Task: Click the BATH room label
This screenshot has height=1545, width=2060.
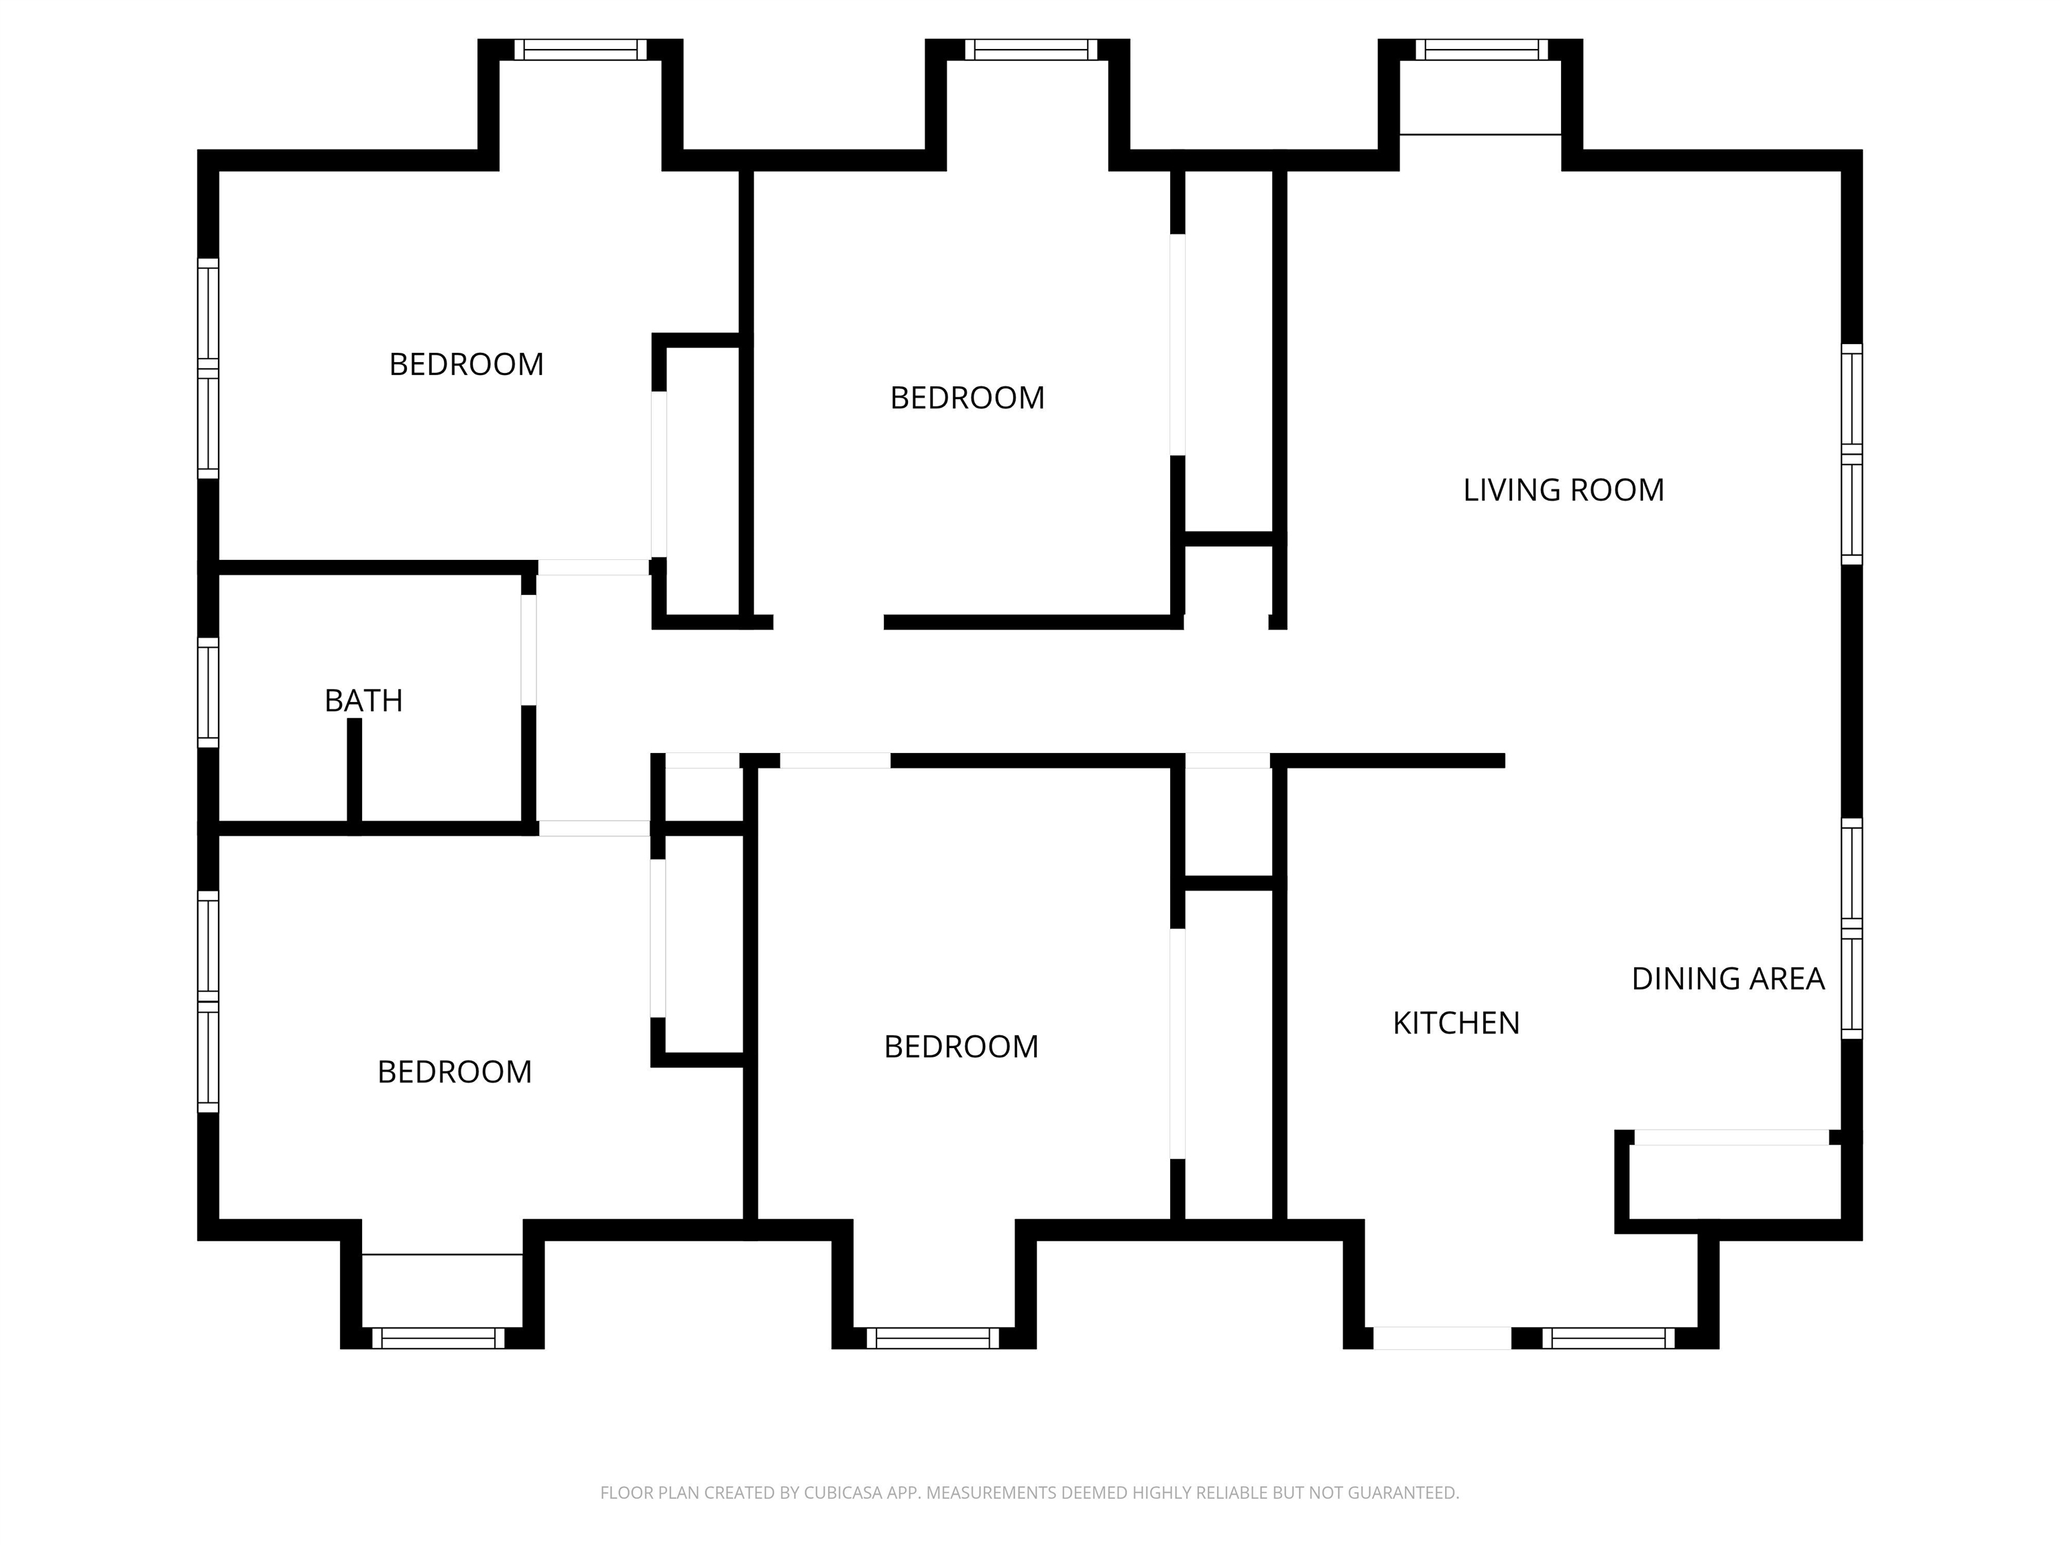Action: coord(363,700)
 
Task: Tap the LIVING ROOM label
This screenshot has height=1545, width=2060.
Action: coord(1564,490)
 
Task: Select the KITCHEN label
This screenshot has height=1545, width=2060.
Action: coord(1456,1023)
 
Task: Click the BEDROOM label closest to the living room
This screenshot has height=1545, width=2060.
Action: coord(968,398)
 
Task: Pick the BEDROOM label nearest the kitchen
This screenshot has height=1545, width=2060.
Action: coord(961,1047)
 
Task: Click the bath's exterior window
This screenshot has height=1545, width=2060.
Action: coord(208,693)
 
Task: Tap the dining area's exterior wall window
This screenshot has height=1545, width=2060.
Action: coord(1852,929)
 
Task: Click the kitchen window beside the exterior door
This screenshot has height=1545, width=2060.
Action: coord(1608,1338)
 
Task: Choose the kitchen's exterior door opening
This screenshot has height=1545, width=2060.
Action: coord(1442,1338)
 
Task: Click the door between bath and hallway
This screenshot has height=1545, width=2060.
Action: coord(528,650)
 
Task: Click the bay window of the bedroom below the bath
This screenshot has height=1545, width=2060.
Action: coord(439,1338)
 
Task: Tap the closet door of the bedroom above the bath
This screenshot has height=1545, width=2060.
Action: coord(659,475)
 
